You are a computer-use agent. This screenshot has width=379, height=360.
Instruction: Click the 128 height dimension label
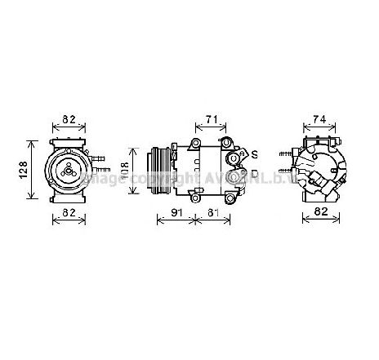(x=24, y=169)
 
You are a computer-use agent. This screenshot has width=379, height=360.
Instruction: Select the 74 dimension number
(x=319, y=119)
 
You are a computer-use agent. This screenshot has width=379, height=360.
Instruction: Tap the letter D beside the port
(x=254, y=174)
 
